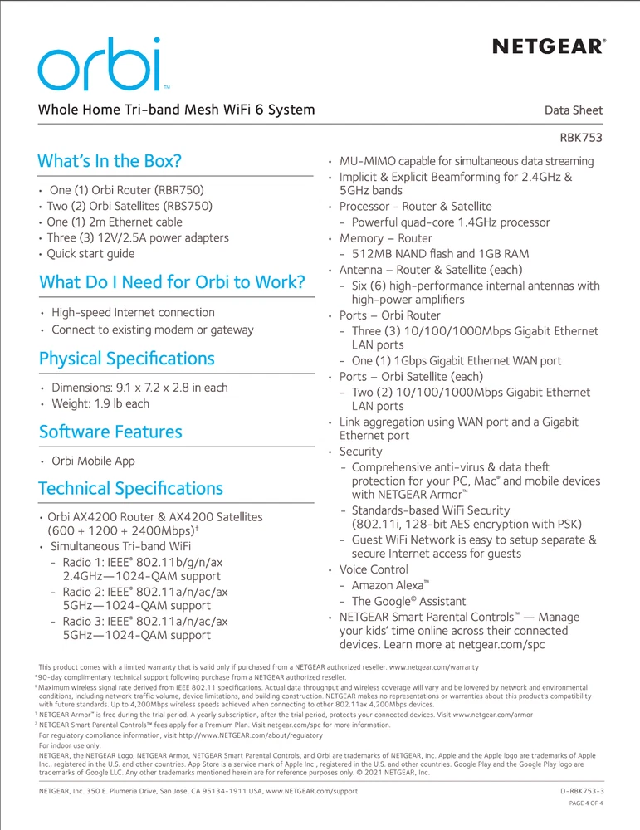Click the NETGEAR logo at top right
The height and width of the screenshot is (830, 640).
click(548, 46)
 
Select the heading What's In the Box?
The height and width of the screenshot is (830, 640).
click(110, 161)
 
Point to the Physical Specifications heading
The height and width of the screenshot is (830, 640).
click(126, 359)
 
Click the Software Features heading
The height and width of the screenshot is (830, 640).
click(110, 432)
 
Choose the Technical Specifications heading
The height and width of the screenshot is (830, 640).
click(130, 488)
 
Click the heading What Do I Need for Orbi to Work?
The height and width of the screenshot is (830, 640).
click(172, 282)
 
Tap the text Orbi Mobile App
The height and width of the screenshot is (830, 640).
click(93, 461)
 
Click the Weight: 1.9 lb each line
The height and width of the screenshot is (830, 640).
click(100, 403)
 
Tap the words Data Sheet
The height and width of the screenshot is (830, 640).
click(574, 110)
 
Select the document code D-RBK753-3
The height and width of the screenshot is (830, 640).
click(583, 792)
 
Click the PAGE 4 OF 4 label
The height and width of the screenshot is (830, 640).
click(586, 804)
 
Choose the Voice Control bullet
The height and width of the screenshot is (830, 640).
click(374, 569)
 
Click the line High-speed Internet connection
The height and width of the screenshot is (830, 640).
click(133, 313)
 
